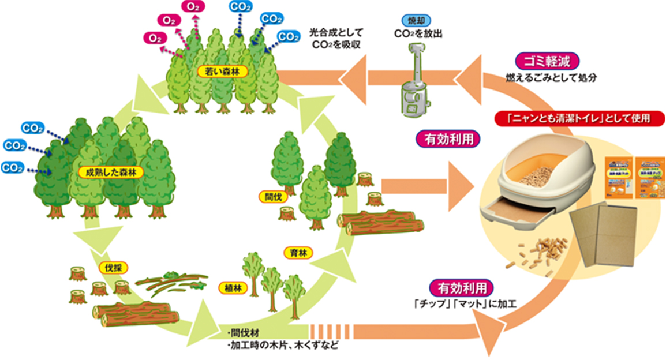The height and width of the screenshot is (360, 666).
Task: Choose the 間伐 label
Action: (268, 196)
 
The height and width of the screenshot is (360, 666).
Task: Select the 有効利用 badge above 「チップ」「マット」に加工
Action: (462, 287)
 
